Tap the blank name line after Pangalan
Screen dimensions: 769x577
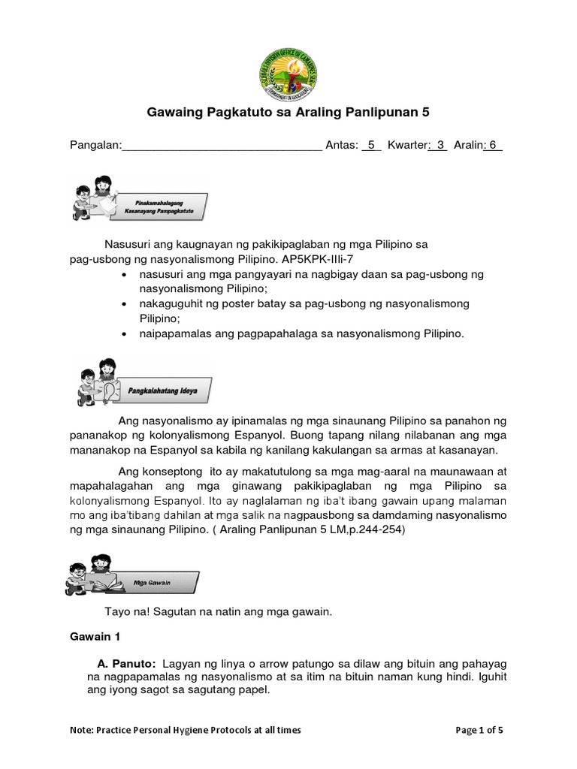point(222,146)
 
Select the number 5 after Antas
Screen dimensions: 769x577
point(370,145)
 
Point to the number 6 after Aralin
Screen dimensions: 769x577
point(493,145)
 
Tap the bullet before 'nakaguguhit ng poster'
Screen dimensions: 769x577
point(123,304)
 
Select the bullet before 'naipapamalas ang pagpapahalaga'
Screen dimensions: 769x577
point(123,335)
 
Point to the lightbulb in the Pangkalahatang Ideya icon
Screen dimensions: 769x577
point(110,392)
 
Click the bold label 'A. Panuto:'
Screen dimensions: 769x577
point(126,665)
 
